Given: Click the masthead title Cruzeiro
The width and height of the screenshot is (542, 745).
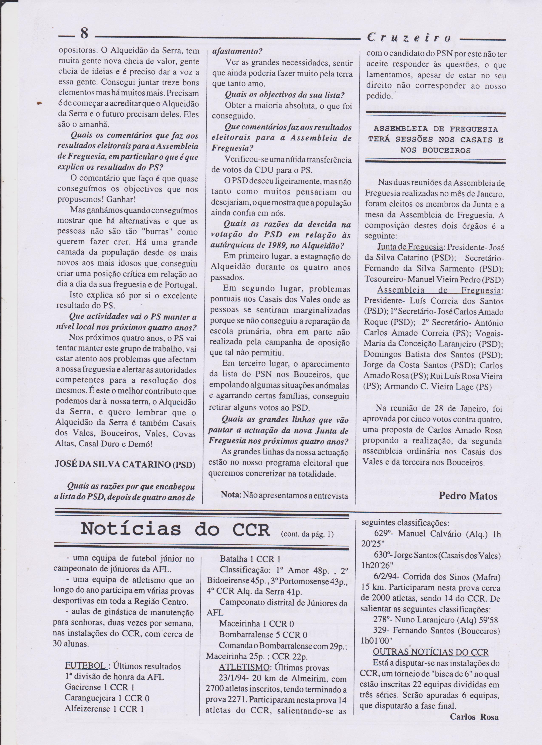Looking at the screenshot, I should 409,38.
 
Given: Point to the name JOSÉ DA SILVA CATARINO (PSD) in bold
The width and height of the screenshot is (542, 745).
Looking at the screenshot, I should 125,465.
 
